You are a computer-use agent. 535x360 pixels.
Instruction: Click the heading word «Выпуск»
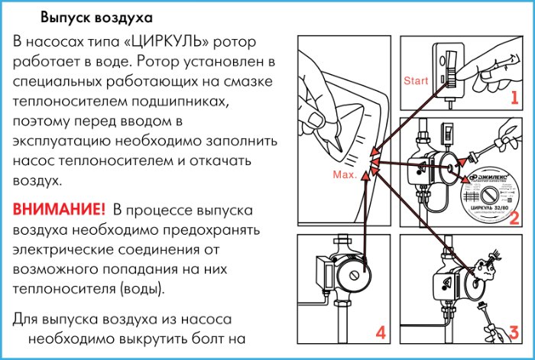click(63, 16)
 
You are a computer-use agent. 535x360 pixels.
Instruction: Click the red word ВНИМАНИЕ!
click(58, 209)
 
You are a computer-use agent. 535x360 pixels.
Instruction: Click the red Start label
click(416, 80)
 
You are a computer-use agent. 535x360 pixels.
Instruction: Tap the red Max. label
click(345, 175)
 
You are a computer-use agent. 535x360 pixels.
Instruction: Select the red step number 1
click(514, 98)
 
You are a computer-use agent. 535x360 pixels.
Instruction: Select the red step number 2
click(514, 218)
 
